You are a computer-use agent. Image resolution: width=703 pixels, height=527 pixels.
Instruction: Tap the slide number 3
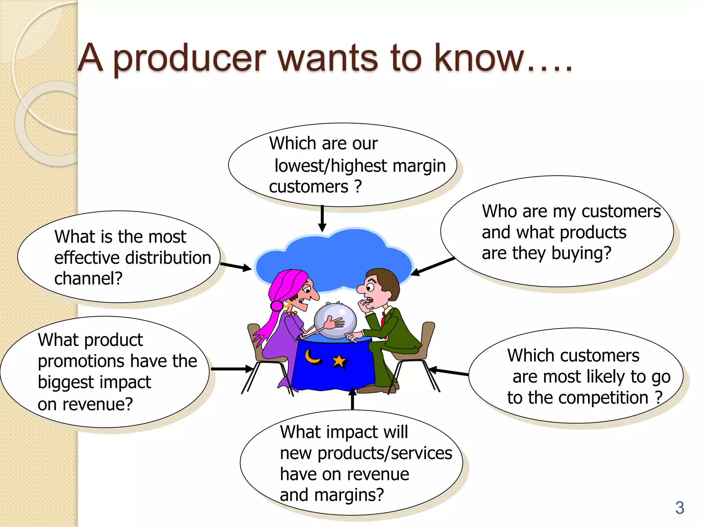click(680, 508)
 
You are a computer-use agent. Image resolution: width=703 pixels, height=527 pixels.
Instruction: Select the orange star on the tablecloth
click(339, 362)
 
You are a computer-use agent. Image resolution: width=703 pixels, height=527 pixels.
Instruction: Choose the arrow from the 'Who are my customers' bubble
click(433, 266)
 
